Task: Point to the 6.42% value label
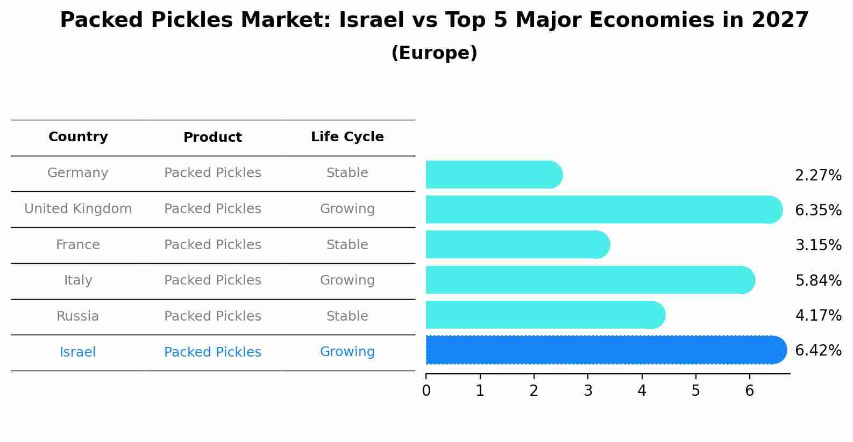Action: coord(818,351)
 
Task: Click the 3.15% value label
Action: coord(818,245)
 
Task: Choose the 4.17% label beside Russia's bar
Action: coord(818,315)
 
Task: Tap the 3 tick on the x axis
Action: coord(588,391)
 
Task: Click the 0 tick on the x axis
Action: coord(426,391)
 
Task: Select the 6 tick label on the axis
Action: coord(749,391)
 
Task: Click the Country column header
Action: coord(78,137)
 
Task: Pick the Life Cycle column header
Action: coord(347,137)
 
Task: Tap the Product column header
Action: coord(212,137)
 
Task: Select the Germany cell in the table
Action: coord(78,173)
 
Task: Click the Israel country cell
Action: coord(78,352)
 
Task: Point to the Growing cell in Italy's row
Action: coord(347,280)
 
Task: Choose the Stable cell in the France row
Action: coord(347,245)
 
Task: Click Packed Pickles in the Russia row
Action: coord(212,316)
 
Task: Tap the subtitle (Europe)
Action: coord(434,53)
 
